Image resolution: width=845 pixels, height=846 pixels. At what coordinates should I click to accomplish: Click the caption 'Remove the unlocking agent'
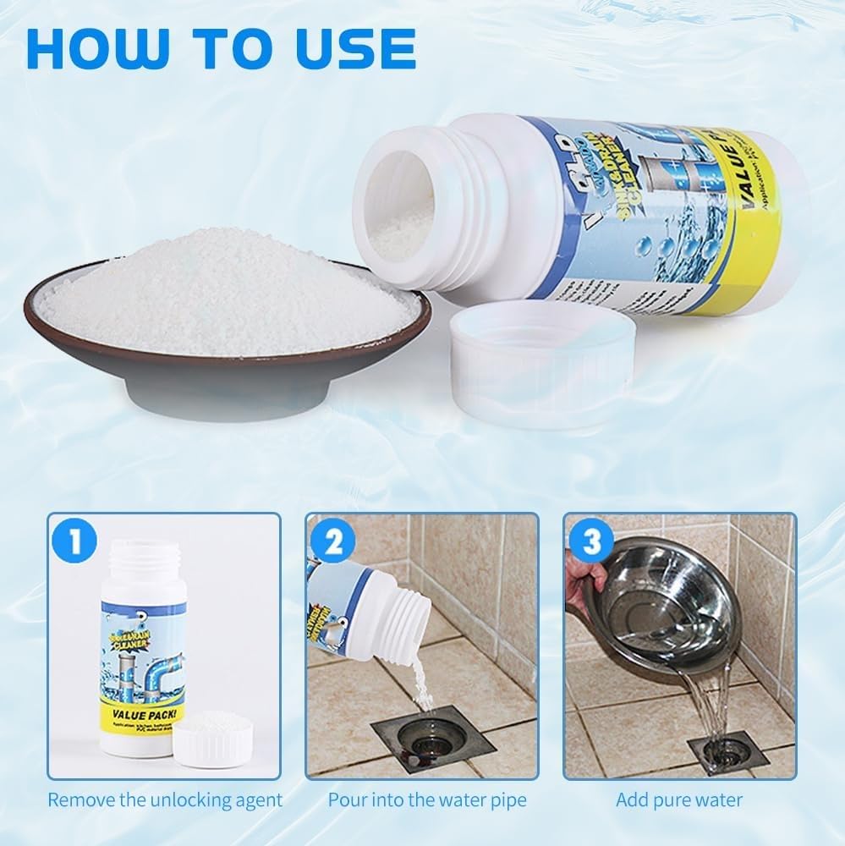pos(164,799)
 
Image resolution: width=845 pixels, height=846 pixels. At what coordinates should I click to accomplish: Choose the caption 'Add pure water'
pos(679,799)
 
